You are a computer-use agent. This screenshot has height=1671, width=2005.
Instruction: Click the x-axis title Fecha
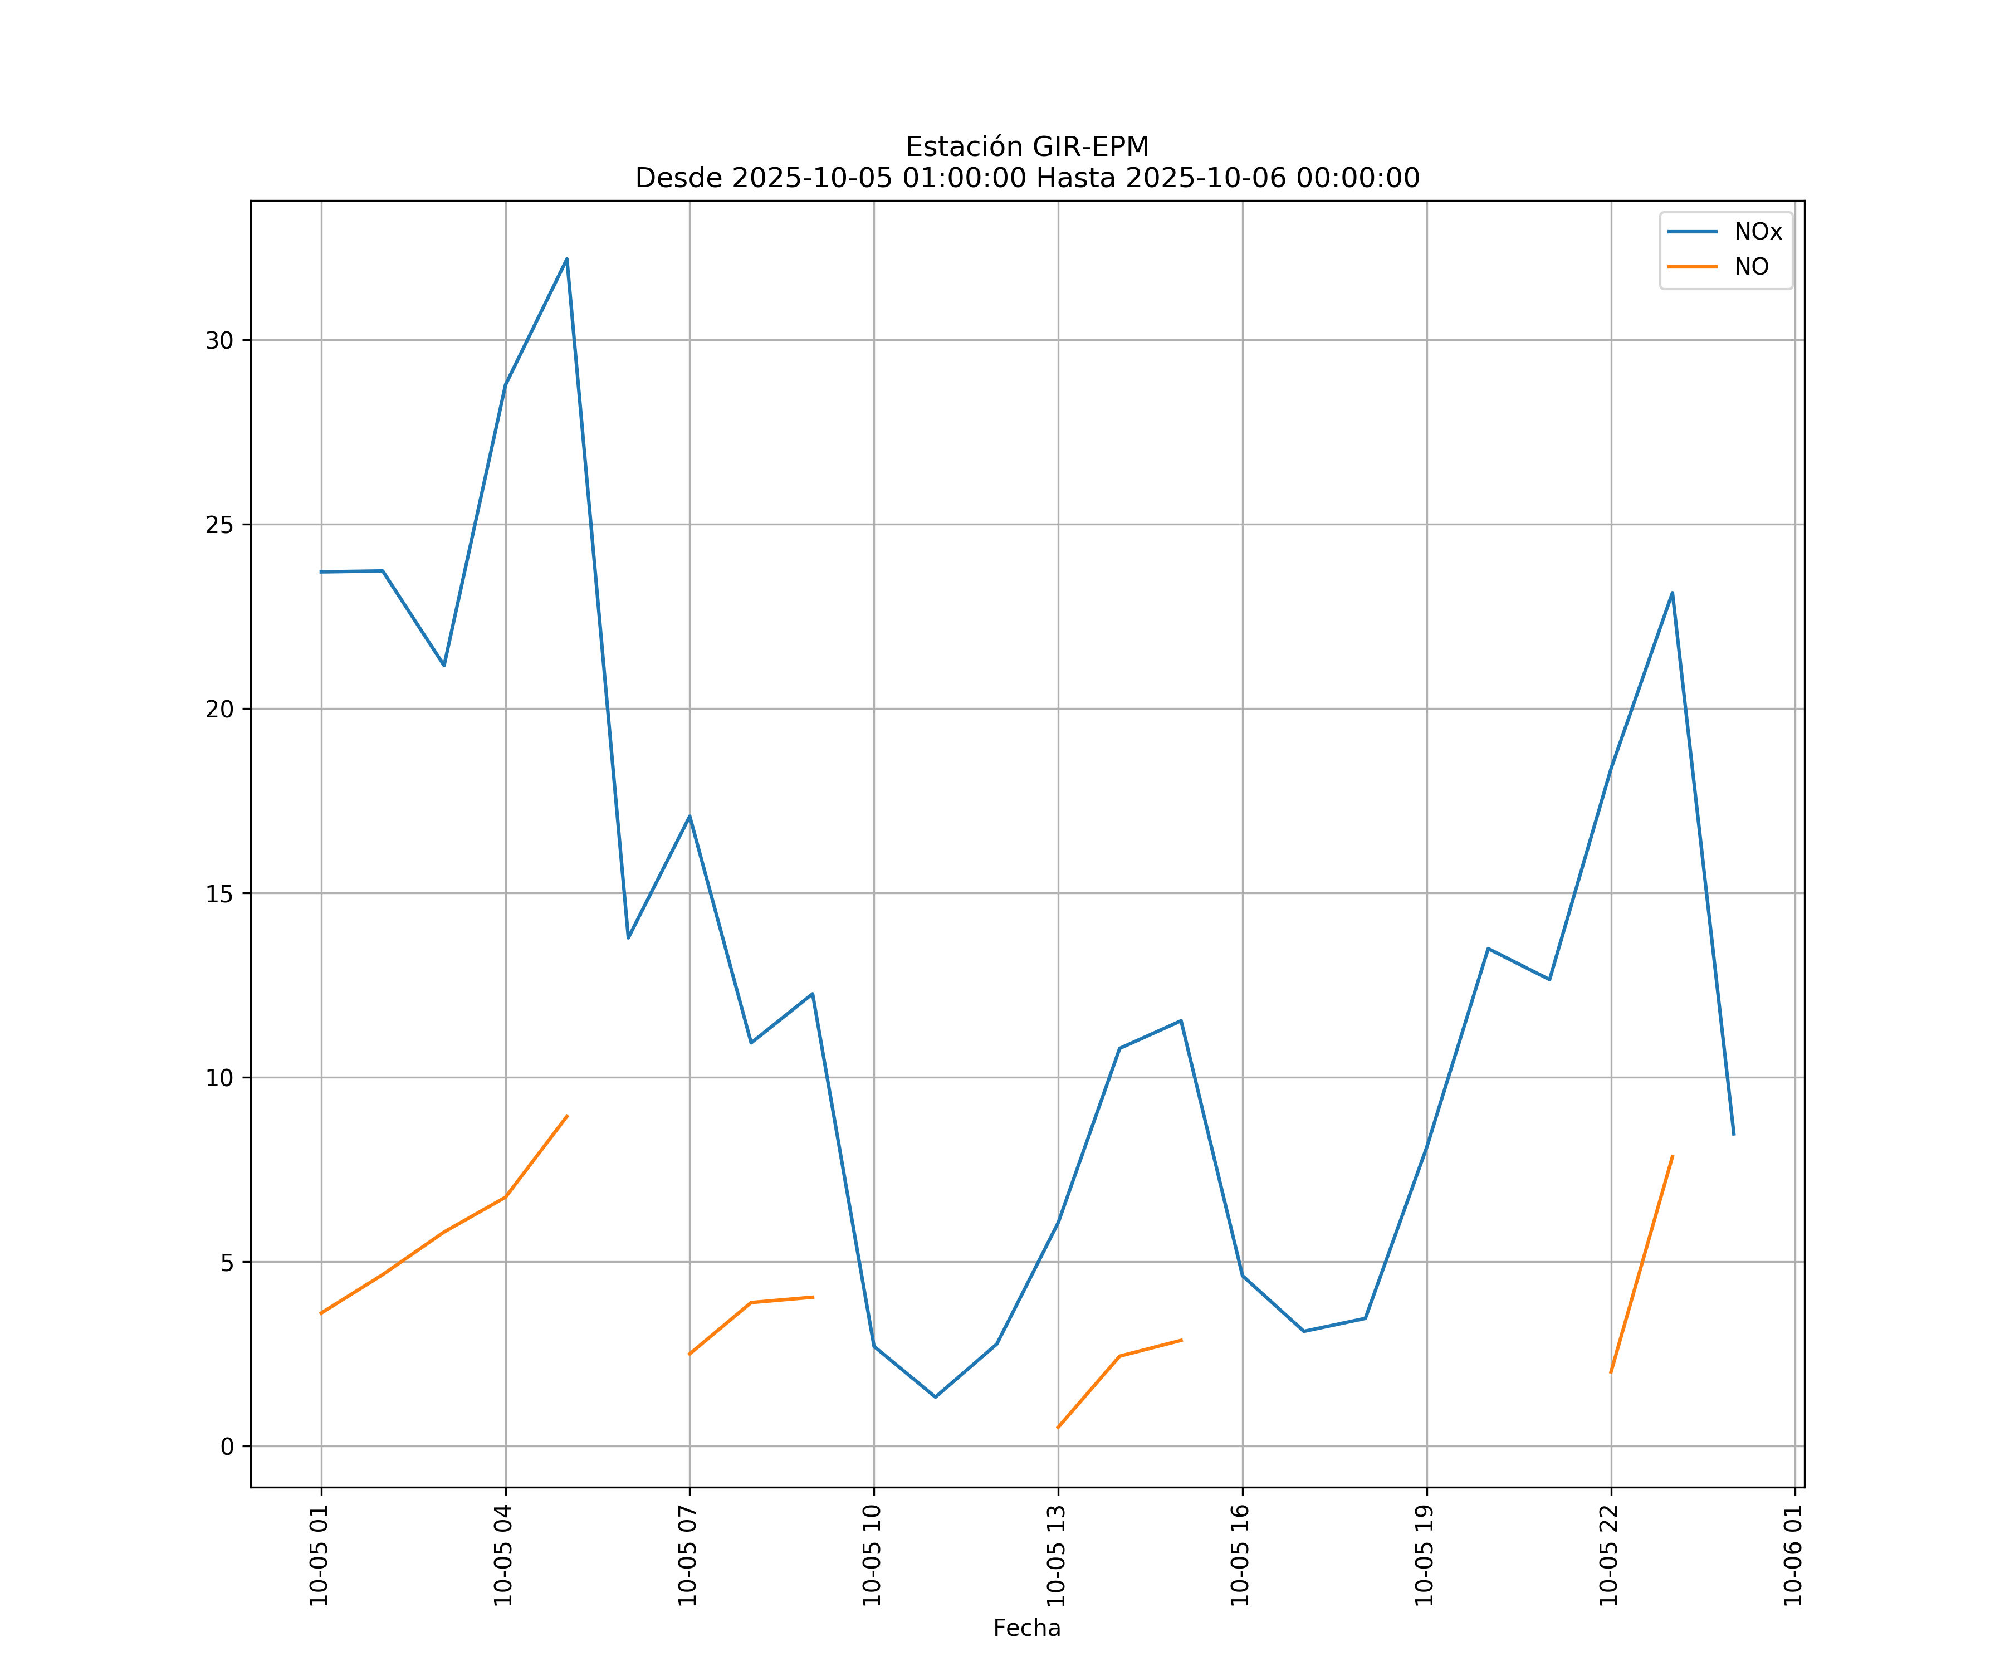(1026, 1628)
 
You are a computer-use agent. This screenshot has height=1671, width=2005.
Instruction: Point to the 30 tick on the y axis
(219, 341)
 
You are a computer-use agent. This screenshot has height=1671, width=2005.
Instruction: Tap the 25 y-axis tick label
(219, 525)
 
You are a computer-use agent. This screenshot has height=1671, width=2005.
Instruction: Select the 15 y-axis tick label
(219, 894)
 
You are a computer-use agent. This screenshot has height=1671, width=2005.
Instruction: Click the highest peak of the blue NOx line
(566, 259)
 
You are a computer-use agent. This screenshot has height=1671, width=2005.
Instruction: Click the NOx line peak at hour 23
(1672, 593)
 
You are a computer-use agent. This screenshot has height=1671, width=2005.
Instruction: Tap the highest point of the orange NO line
(567, 1115)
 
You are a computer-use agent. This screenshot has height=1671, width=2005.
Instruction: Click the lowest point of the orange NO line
(1058, 1428)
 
